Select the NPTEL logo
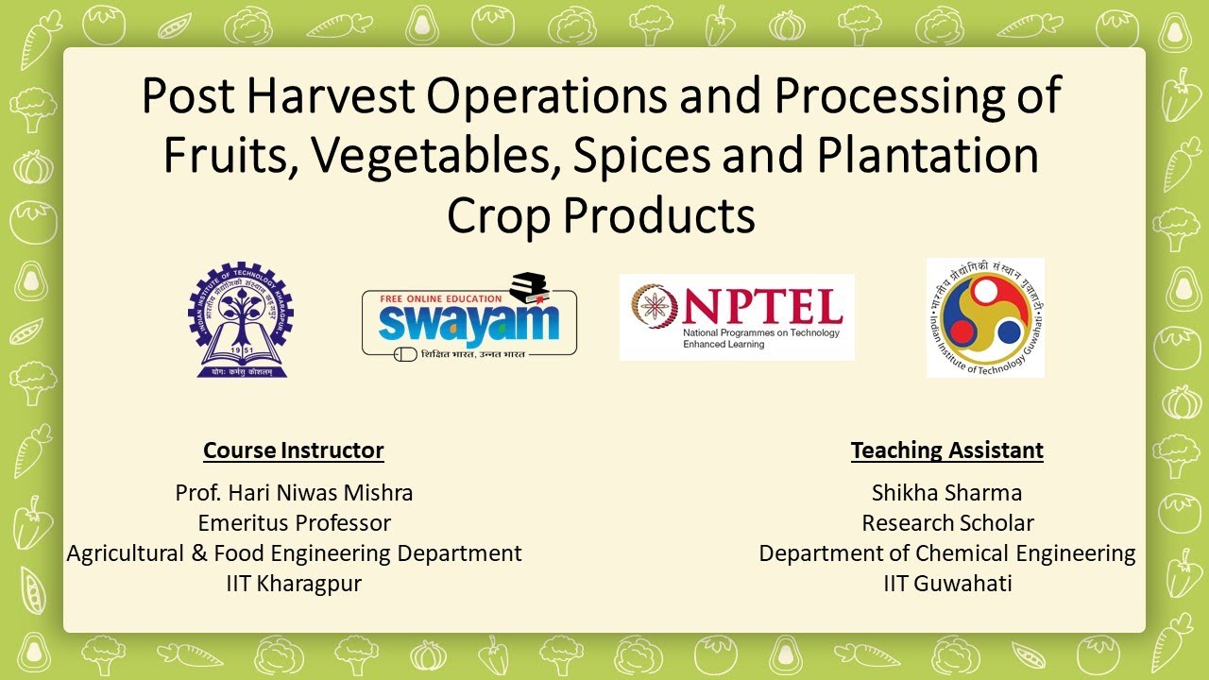tap(737, 316)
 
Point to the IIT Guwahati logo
tap(985, 317)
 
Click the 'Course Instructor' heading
tap(294, 450)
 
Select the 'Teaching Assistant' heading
tap(946, 450)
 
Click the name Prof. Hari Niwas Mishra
tap(294, 493)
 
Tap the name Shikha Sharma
tap(946, 493)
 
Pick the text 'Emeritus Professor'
tap(294, 523)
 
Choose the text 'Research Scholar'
tap(947, 523)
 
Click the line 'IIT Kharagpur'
tap(294, 584)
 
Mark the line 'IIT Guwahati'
tap(947, 584)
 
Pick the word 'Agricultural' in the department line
tap(126, 553)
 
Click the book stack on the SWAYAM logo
tap(528, 289)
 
